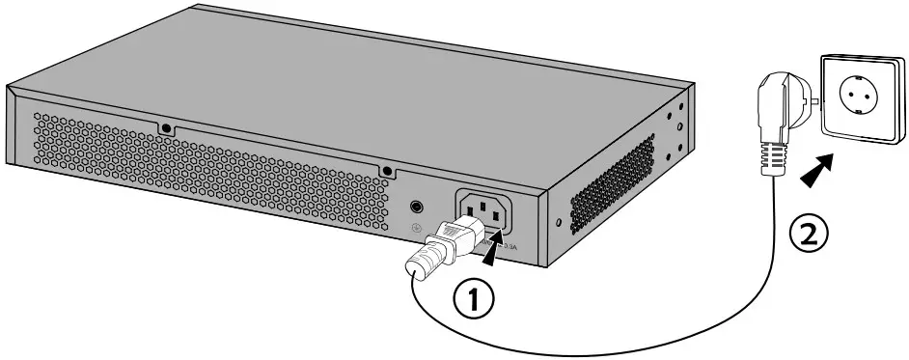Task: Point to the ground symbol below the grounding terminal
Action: (416, 230)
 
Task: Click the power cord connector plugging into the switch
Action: (454, 236)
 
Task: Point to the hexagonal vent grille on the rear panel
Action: (193, 164)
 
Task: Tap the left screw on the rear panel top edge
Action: (166, 127)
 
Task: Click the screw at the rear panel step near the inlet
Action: (387, 170)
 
